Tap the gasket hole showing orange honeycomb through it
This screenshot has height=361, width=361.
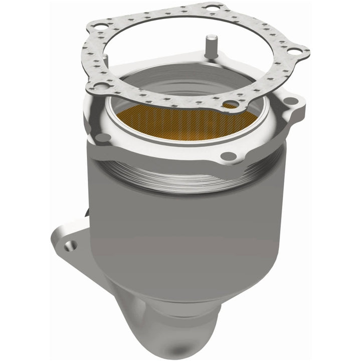[x=231, y=104]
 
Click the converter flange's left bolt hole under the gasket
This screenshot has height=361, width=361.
[x=102, y=137]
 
